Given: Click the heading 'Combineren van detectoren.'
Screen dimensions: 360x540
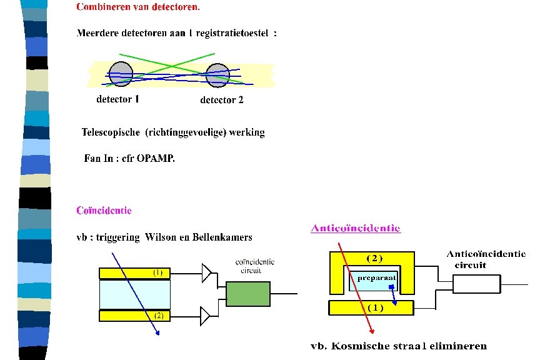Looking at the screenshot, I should pyautogui.click(x=138, y=7).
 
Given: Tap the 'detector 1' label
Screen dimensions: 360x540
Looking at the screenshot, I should pyautogui.click(x=117, y=99).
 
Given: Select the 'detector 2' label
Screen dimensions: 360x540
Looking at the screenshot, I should pyautogui.click(x=221, y=100).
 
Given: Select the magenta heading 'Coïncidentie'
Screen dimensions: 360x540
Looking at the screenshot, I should pyautogui.click(x=104, y=211).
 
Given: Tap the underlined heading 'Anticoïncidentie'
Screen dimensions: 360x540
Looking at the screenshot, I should pyautogui.click(x=355, y=228).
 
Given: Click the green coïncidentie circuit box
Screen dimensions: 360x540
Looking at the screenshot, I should pyautogui.click(x=248, y=293).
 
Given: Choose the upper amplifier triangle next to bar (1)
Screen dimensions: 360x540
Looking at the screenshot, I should pyautogui.click(x=206, y=272).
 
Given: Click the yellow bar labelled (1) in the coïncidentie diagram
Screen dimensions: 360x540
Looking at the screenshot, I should pyautogui.click(x=134, y=273).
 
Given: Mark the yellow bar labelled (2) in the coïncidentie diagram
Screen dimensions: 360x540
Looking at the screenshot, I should pyautogui.click(x=134, y=316).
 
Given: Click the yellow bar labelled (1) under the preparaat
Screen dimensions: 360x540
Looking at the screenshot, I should pyautogui.click(x=371, y=307).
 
